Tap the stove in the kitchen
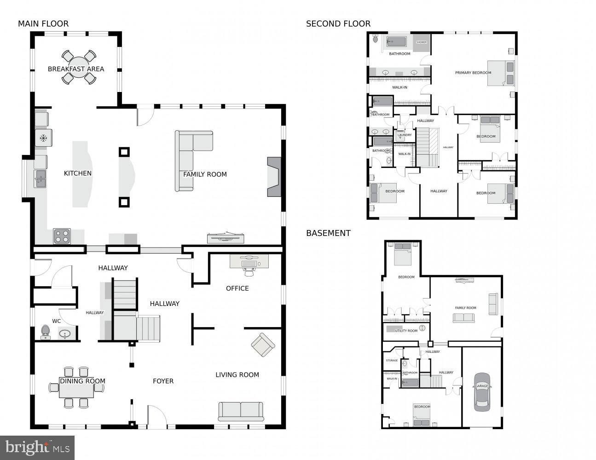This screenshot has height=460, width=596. pos(62,236)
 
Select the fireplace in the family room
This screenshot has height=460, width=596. pos(274,177)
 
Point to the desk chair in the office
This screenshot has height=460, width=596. pos(249,271)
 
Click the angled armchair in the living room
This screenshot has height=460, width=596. pos(263,345)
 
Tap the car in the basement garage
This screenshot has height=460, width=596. pos(482,391)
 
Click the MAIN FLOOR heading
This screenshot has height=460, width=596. pos(43,24)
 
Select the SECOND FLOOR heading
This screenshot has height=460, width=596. pos(338,24)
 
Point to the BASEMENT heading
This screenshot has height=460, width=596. pos(328,233)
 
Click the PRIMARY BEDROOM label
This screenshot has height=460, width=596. pos(473,73)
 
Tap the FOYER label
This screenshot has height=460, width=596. pos(163,381)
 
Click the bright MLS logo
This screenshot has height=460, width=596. pos(38,447)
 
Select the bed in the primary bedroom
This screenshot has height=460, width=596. pos(501,73)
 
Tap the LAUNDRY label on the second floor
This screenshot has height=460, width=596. pos(405,135)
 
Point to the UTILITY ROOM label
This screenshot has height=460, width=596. pos(406,331)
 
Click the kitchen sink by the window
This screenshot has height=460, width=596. pos(40,178)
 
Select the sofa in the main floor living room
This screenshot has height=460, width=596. pos(241,411)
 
